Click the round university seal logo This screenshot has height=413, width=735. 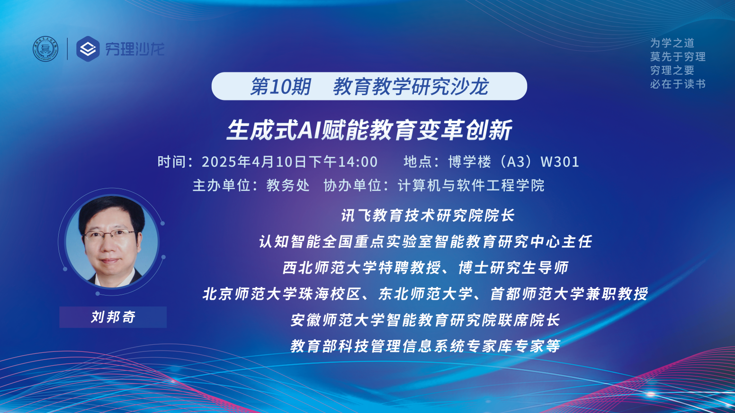click(45, 49)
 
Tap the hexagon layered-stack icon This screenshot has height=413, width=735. click(88, 49)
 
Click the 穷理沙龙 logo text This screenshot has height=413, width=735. click(134, 49)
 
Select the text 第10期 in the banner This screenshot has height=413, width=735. click(280, 87)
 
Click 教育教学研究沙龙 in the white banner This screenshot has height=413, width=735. click(411, 87)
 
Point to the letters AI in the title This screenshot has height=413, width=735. click(310, 130)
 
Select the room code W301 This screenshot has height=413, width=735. click(560, 162)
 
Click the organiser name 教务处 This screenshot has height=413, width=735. click(288, 185)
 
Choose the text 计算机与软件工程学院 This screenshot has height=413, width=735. click(471, 185)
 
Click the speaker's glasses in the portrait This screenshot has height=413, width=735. click(109, 234)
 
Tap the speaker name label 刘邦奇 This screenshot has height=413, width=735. click(113, 317)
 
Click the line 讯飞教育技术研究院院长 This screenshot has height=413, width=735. click(428, 215)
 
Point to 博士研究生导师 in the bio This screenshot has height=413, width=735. click(513, 268)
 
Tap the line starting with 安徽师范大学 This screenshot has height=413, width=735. click(425, 320)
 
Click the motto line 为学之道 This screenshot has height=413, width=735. click(672, 43)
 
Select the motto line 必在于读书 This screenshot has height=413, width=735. click(678, 84)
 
